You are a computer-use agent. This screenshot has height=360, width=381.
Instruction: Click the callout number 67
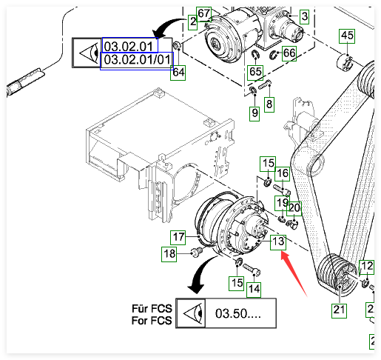pos(203,13)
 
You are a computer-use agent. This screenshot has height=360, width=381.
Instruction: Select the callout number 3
pos(305,16)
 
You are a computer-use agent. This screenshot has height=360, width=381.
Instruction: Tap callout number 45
pos(347,36)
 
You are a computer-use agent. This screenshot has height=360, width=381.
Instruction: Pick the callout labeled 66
pos(289,53)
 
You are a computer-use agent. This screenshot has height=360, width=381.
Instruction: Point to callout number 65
pos(255,72)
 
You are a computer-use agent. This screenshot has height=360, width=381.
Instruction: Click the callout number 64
pos(178,73)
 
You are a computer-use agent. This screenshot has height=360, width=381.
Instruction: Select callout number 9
pos(254,113)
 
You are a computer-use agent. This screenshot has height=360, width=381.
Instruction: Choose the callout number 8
pos(269,104)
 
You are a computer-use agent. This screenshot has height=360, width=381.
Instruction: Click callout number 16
pos(283,173)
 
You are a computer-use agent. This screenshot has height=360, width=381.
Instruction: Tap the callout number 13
pos(278,241)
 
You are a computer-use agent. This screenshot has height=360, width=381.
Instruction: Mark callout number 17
pos(178,237)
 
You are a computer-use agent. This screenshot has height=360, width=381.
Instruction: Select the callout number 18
pos(169,254)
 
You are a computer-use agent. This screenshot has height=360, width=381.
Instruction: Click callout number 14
pos(254,289)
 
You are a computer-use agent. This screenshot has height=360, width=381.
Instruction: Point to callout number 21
pos(339,310)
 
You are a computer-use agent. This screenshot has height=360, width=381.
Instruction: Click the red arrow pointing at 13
pos(294,273)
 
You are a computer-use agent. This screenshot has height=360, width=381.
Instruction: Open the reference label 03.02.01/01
pos(137,60)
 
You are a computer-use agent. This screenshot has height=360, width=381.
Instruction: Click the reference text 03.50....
pos(238,313)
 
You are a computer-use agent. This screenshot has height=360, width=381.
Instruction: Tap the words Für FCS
pos(152,309)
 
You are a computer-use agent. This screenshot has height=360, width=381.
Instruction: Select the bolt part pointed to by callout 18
pos(196,253)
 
